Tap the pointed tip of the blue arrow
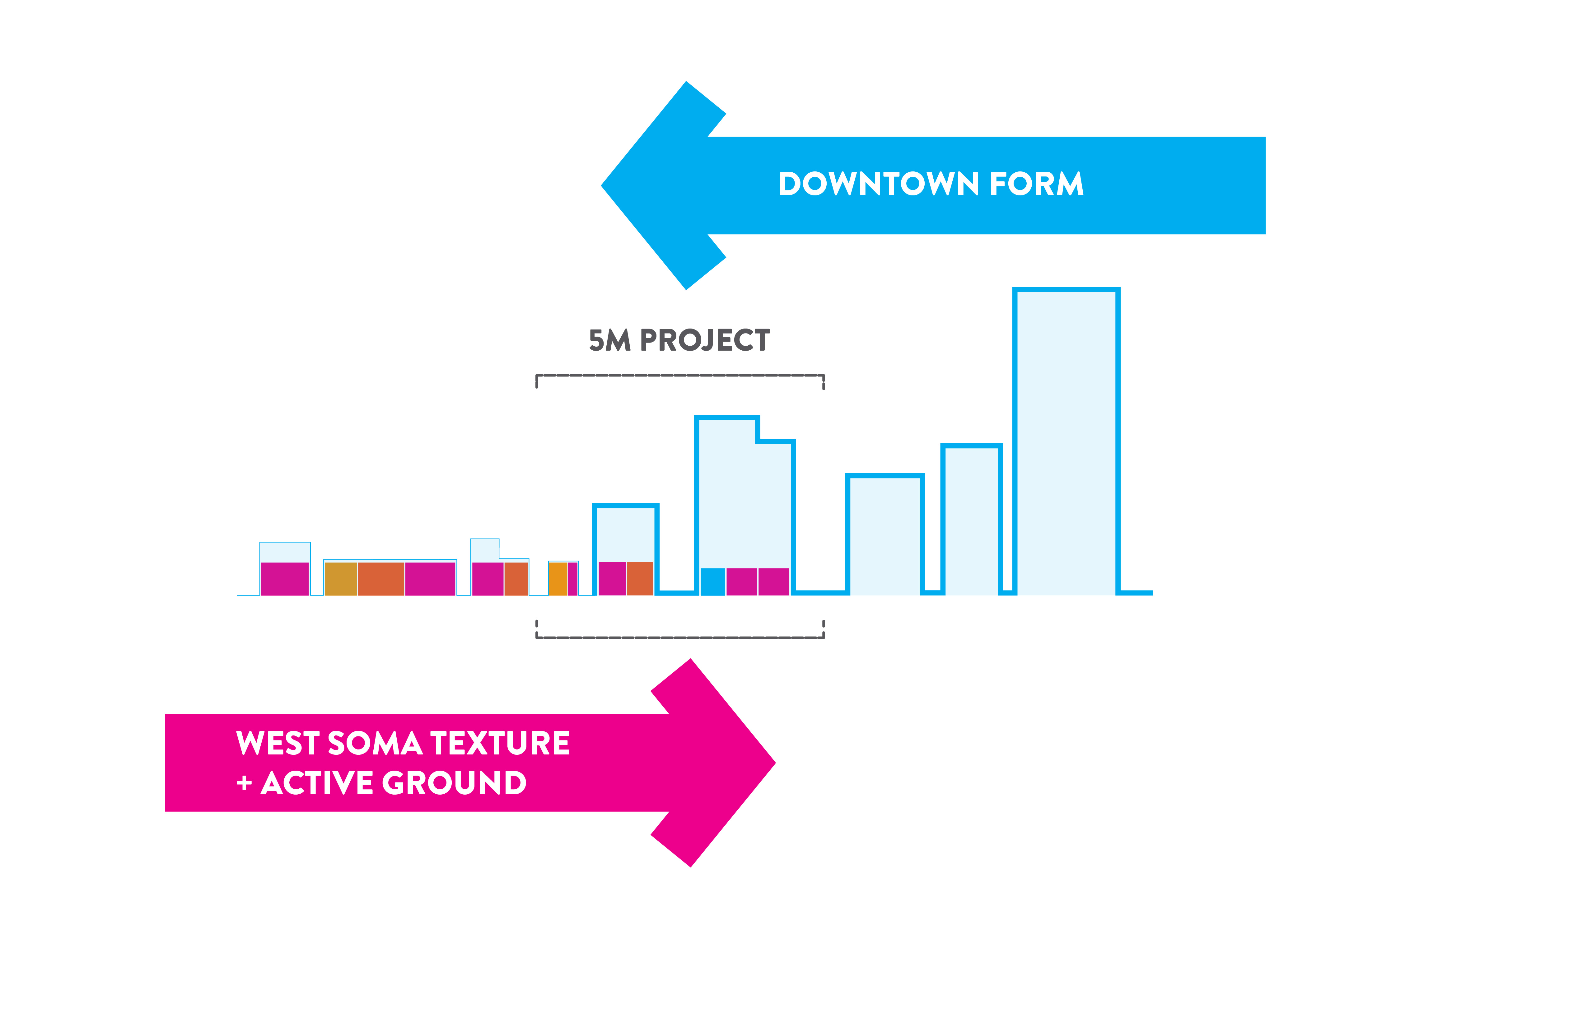pyautogui.click(x=602, y=185)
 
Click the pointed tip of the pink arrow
pyautogui.click(x=775, y=763)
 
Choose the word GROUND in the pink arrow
pyautogui.click(x=454, y=783)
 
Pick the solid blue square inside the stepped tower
pyautogui.click(x=713, y=581)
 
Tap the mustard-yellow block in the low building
pyautogui.click(x=341, y=579)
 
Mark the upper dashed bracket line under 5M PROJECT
pyautogui.click(x=680, y=376)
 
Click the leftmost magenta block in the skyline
pyautogui.click(x=285, y=579)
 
